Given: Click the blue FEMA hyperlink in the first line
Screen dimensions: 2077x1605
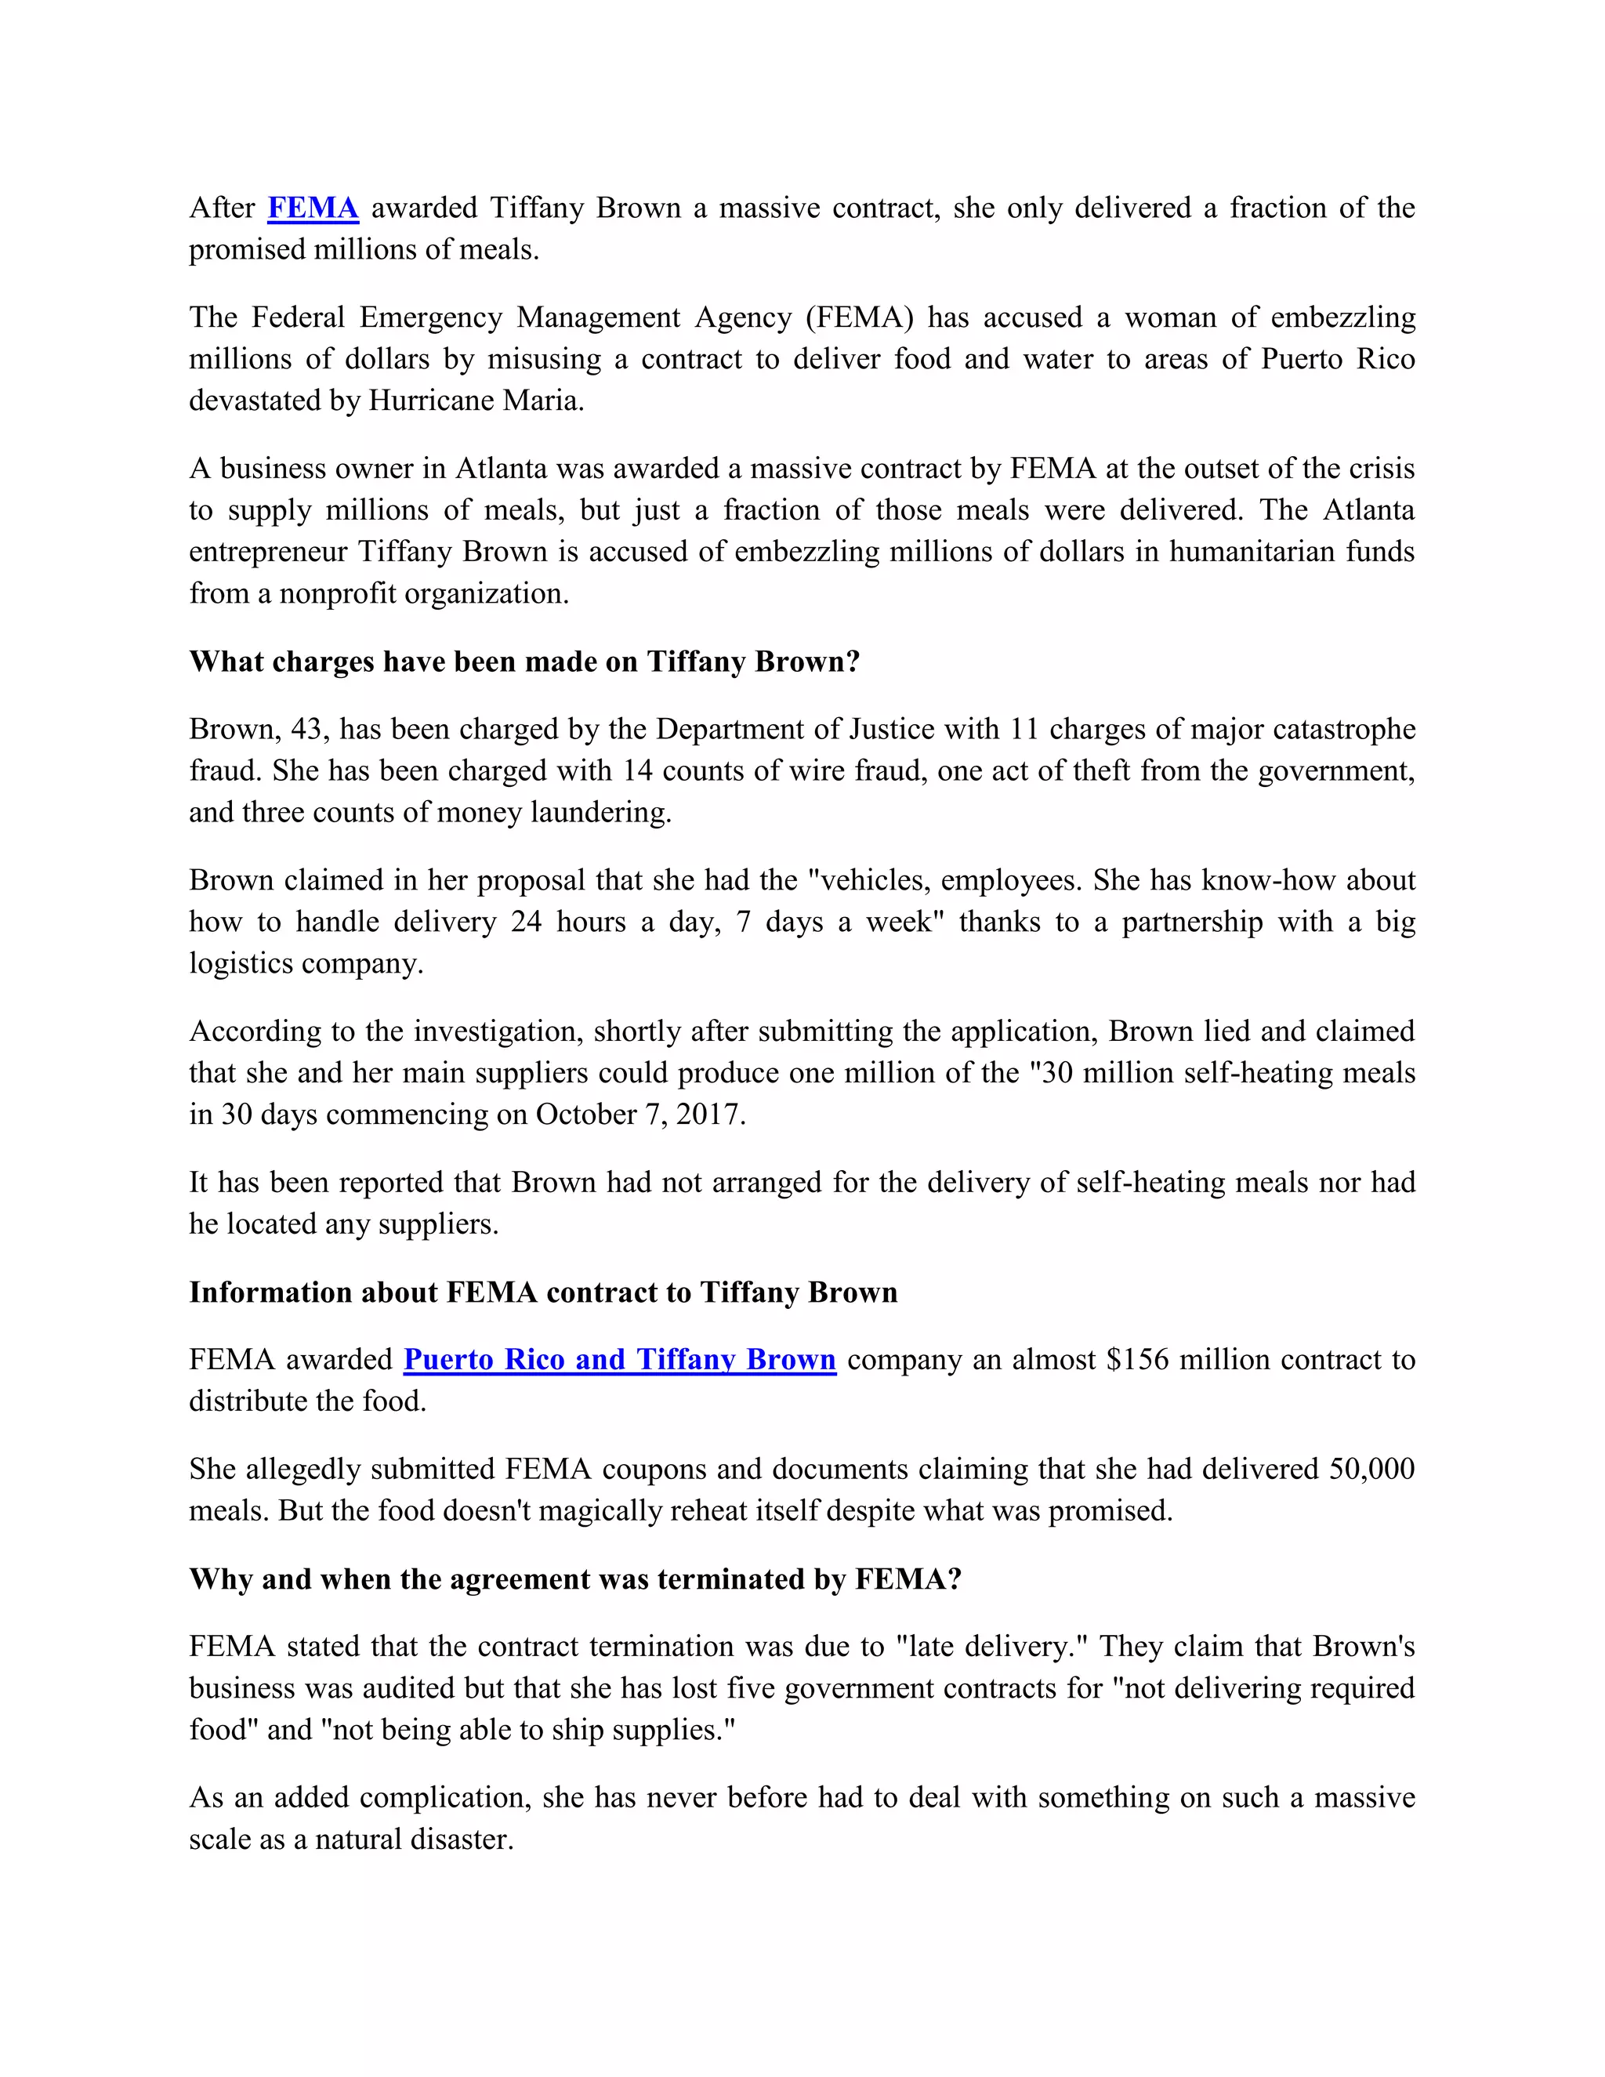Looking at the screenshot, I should [x=313, y=208].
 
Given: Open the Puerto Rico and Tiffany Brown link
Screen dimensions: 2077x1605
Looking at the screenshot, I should [x=619, y=1360].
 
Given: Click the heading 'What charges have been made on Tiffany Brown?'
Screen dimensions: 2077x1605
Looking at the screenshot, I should [x=524, y=662].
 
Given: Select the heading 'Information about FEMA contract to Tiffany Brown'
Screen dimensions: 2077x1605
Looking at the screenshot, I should [x=543, y=1292].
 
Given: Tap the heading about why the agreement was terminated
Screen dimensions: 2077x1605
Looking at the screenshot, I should [x=575, y=1579].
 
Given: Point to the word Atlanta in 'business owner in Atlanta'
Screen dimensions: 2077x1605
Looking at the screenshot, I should [x=501, y=469].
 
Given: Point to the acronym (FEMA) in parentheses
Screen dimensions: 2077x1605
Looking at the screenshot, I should [x=860, y=317].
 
